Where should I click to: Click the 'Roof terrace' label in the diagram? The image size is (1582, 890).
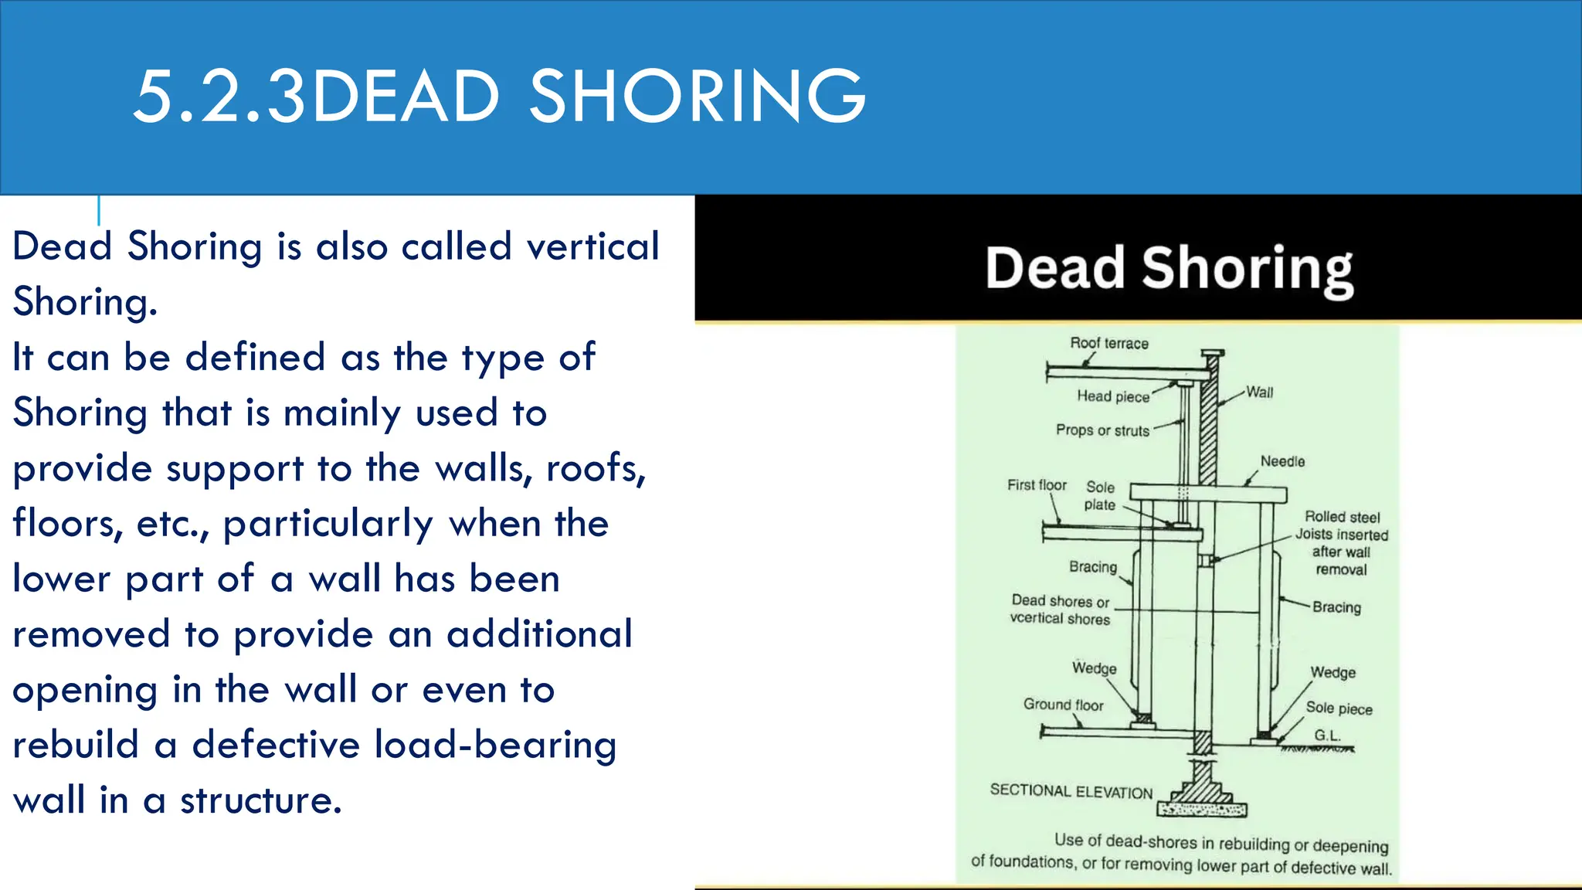(1108, 343)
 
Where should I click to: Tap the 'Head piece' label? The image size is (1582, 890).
(1113, 396)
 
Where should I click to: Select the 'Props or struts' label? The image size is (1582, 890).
(1102, 430)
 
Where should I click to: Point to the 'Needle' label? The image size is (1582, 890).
(1282, 461)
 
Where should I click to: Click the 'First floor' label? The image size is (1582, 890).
(1037, 485)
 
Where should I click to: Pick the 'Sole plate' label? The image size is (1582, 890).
(1100, 496)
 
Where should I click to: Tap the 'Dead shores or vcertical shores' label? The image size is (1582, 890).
(1060, 610)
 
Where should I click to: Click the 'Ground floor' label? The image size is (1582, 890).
(1063, 705)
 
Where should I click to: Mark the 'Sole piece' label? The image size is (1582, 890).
(1339, 708)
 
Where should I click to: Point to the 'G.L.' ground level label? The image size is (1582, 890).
(1327, 735)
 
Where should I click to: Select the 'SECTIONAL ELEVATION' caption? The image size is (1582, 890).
(1071, 791)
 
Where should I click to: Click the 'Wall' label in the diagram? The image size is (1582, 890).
(1259, 392)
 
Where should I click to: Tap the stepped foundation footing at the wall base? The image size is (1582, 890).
(1202, 796)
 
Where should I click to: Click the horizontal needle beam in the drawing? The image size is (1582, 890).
(1208, 494)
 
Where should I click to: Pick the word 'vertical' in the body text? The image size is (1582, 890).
(592, 247)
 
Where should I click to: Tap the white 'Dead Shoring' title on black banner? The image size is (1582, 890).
(1169, 268)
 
